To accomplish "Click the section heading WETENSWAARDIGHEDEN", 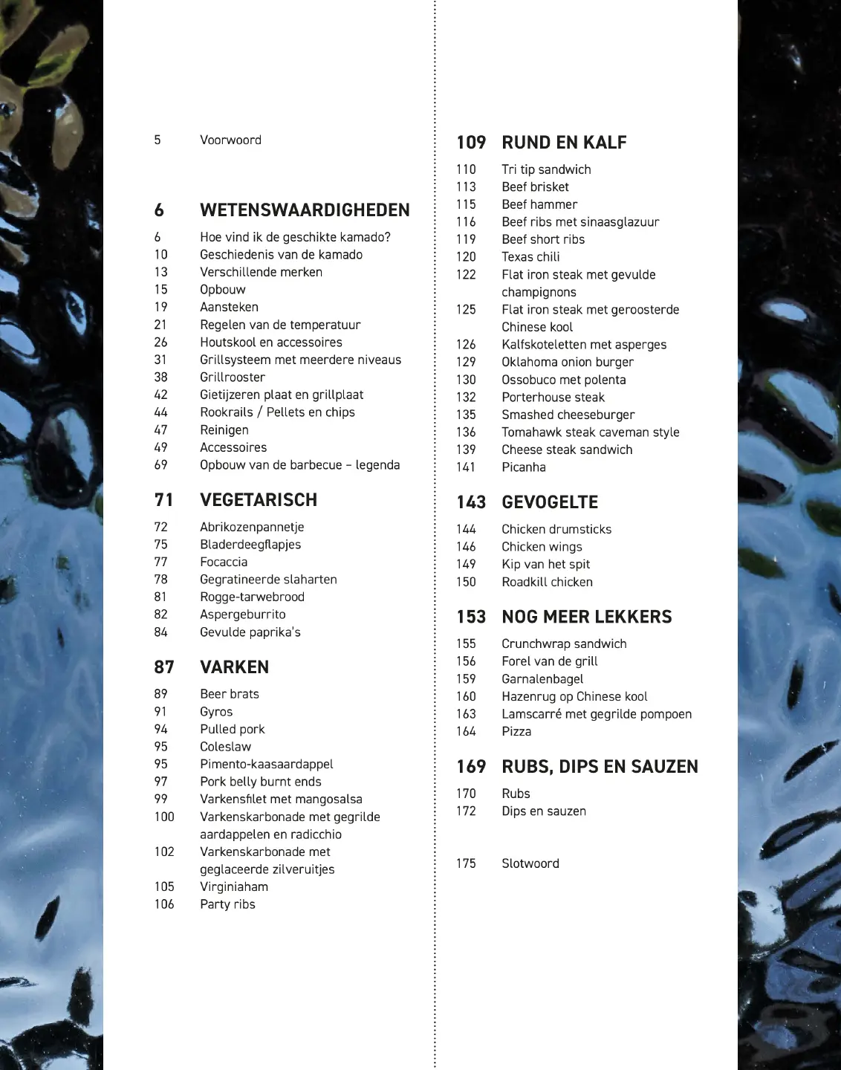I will (305, 210).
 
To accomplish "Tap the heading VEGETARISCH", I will (259, 500).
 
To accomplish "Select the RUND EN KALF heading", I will (564, 143).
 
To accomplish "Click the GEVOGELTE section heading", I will (550, 502).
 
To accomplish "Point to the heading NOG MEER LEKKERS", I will (587, 617).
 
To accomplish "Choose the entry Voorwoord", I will (230, 140).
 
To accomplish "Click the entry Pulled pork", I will (232, 729).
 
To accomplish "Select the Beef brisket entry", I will (535, 187).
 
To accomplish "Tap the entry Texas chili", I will (530, 257).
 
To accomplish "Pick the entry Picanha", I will (524, 467).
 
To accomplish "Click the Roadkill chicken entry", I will (547, 582).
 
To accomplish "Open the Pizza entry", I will (516, 731).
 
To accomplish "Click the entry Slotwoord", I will (530, 863).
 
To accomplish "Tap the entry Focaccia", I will (224, 562).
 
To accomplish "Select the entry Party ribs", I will (227, 904).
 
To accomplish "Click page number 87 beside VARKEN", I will (164, 667).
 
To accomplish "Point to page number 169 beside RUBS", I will (471, 767).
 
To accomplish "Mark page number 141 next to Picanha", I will (466, 467).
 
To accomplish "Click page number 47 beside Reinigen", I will (161, 430).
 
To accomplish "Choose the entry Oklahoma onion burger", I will (568, 362).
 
